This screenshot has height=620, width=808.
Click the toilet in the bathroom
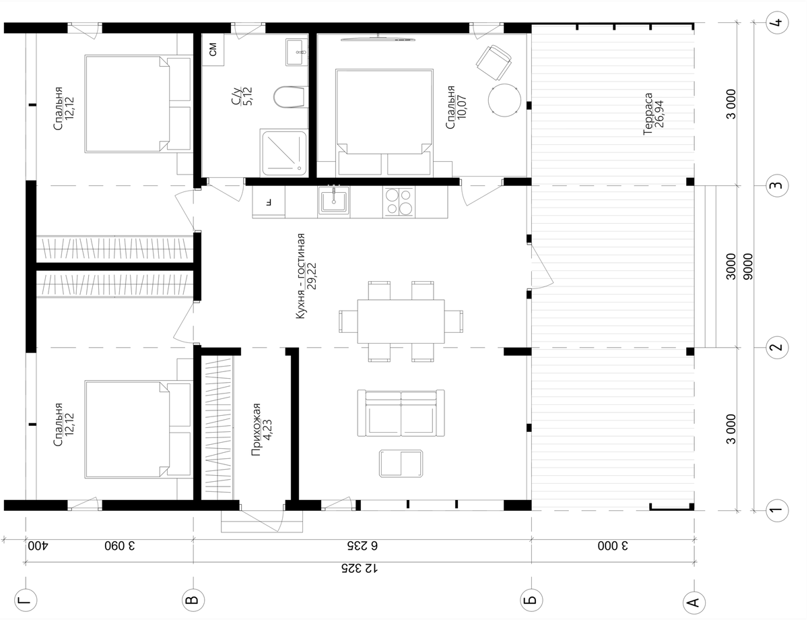tap(290, 97)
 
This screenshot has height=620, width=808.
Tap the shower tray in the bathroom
tap(283, 152)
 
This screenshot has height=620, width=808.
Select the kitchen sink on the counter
tap(333, 201)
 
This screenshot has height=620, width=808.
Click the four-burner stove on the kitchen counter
tap(399, 202)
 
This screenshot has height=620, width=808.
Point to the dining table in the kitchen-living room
tap(401, 321)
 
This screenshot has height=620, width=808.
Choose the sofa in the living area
tap(401, 413)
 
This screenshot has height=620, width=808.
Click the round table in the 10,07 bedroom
tap(504, 100)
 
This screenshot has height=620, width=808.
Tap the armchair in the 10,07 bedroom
tap(494, 63)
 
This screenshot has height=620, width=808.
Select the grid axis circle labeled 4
tap(777, 23)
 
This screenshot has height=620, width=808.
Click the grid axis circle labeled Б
tap(531, 600)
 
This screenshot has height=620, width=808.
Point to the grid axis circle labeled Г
tap(26, 600)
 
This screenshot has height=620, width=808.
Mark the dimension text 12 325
tap(360, 569)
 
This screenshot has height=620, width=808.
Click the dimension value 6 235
tap(362, 546)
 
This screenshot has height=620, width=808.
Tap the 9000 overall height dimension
tap(747, 266)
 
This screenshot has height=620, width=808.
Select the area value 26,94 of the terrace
tap(659, 114)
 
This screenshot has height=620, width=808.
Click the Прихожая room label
tap(256, 429)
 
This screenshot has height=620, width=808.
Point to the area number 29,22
tap(312, 276)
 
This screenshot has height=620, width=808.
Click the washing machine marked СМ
tap(213, 49)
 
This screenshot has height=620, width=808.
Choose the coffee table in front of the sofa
tap(401, 464)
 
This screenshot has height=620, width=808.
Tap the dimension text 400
tap(38, 546)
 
